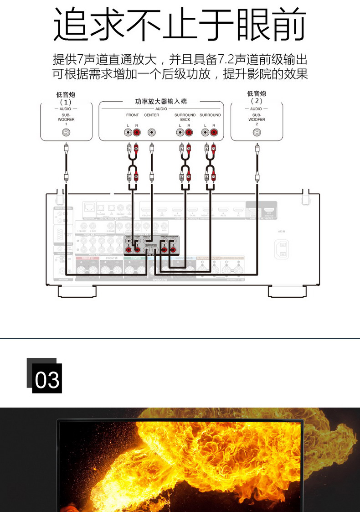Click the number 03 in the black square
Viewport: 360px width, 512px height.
pos(47,379)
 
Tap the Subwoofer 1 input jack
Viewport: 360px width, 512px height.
pos(67,133)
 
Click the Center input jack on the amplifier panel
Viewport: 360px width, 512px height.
pos(151,133)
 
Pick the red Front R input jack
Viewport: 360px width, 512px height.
pos(137,133)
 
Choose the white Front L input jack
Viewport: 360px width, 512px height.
pos(129,133)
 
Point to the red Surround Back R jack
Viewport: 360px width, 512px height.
pos(189,133)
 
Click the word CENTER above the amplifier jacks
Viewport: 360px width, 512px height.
pos(151,115)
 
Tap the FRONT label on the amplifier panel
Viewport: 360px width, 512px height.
pos(133,115)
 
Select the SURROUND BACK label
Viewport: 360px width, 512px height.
pos(185,117)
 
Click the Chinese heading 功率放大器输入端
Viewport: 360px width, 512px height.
pos(161,101)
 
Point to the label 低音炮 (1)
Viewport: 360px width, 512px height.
pos(66,98)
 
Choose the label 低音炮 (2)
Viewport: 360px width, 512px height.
pos(257,98)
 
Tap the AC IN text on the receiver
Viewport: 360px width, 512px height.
pos(281,232)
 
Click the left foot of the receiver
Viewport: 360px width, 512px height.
pos(77,291)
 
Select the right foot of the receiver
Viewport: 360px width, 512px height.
pos(286,291)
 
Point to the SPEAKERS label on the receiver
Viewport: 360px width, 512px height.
pos(160,279)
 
